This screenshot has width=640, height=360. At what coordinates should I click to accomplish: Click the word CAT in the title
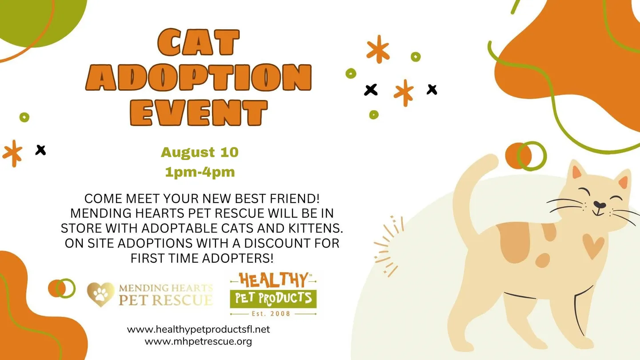click(x=199, y=43)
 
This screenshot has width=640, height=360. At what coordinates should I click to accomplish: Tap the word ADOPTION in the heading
click(x=199, y=78)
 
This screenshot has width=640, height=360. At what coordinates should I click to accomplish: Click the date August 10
click(x=200, y=152)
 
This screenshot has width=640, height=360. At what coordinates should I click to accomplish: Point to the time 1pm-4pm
click(x=200, y=172)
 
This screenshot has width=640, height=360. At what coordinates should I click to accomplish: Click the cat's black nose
click(x=600, y=205)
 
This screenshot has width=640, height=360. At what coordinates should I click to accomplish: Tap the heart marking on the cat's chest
click(x=593, y=246)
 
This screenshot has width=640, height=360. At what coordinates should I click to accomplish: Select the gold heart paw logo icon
click(x=101, y=294)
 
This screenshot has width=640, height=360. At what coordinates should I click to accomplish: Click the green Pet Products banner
click(x=273, y=298)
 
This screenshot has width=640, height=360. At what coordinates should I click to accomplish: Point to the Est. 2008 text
click(x=273, y=313)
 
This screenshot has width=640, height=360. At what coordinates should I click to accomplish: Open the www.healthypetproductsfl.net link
click(x=198, y=329)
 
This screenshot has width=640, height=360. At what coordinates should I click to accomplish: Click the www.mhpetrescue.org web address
click(x=198, y=341)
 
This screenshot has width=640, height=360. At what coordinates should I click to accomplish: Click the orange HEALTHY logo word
click(x=273, y=280)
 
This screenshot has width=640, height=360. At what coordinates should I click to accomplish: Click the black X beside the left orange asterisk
click(x=40, y=150)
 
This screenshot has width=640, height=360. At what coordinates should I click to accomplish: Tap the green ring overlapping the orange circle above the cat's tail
click(x=532, y=156)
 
